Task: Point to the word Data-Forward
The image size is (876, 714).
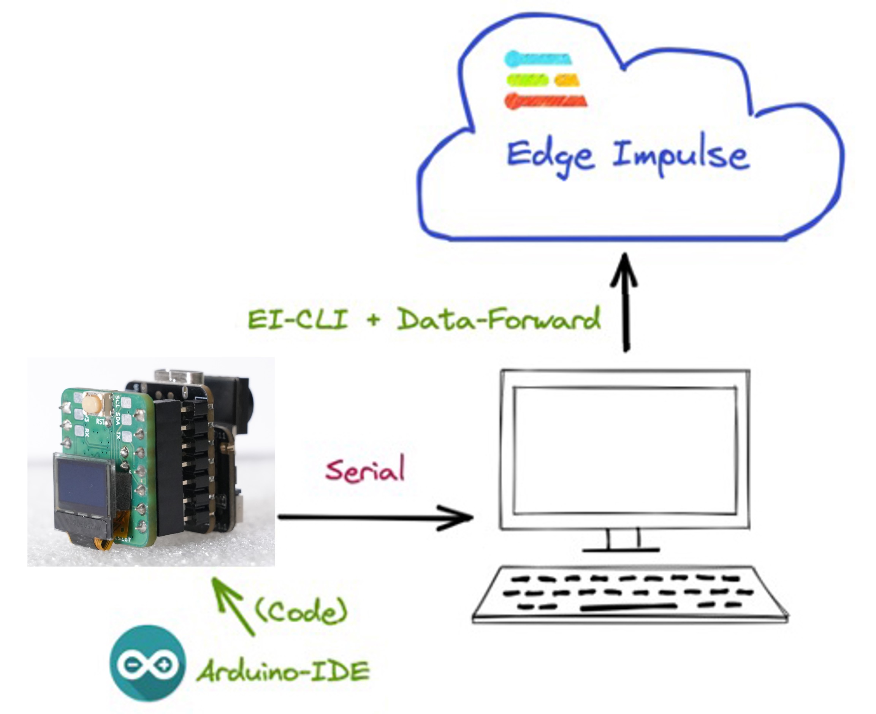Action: [497, 319]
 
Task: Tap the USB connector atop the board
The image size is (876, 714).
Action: [179, 376]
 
